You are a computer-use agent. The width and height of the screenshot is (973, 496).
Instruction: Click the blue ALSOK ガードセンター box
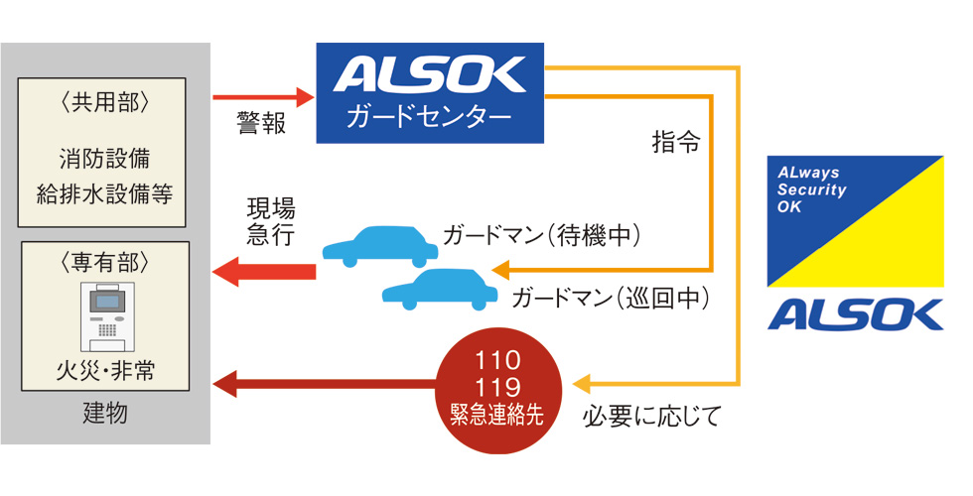430,93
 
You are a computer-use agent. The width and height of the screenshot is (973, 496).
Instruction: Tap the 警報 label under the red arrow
261,123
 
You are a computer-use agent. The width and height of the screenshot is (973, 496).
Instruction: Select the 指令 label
676,142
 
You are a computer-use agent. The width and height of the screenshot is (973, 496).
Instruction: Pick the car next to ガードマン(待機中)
380,247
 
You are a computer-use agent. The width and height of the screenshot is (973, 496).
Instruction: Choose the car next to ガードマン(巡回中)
439,289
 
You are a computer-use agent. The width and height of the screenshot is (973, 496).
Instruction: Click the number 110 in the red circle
497,360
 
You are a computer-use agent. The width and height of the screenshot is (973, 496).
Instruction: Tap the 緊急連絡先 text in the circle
497,415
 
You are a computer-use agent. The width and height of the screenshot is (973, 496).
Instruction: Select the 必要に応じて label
651,416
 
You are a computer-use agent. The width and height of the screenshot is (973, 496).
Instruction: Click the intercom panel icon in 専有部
107,316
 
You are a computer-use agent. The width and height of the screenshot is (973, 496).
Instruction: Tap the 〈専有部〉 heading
104,262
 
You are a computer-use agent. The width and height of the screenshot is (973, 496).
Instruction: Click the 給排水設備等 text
104,194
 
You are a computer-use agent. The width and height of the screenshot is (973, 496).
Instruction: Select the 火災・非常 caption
105,370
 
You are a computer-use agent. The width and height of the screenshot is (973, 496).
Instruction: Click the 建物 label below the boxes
105,413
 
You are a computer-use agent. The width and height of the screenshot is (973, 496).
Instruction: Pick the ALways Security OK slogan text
812,189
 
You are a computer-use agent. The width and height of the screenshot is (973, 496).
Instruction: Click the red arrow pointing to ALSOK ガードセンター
264,97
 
